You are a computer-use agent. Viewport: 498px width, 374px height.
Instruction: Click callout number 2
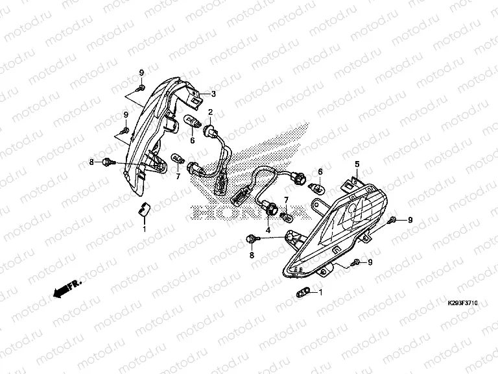[210, 112]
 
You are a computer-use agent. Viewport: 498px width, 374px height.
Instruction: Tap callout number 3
[213, 93]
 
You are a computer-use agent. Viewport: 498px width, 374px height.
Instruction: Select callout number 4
[268, 230]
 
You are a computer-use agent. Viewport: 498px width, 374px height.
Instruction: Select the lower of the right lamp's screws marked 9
[357, 263]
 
